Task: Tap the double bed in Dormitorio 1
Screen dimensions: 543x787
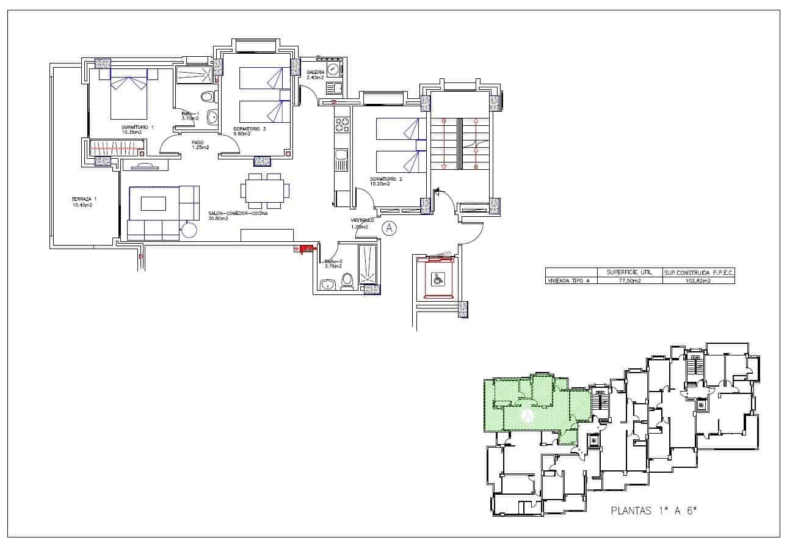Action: click(x=129, y=97)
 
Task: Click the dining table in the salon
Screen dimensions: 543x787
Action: click(x=264, y=191)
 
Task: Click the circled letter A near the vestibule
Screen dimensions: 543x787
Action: click(x=389, y=228)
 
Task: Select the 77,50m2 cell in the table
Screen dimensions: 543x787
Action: click(x=629, y=280)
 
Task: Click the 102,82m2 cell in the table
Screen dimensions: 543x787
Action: click(x=697, y=280)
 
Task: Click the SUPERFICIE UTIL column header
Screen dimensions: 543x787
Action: click(x=629, y=272)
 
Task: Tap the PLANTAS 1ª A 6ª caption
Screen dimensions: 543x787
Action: click(x=653, y=511)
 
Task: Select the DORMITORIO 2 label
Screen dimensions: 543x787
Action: click(x=386, y=181)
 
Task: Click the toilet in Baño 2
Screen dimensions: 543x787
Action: click(x=347, y=280)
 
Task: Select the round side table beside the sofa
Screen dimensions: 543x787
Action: click(x=189, y=230)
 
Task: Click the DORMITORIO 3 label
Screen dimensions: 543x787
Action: click(x=250, y=131)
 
